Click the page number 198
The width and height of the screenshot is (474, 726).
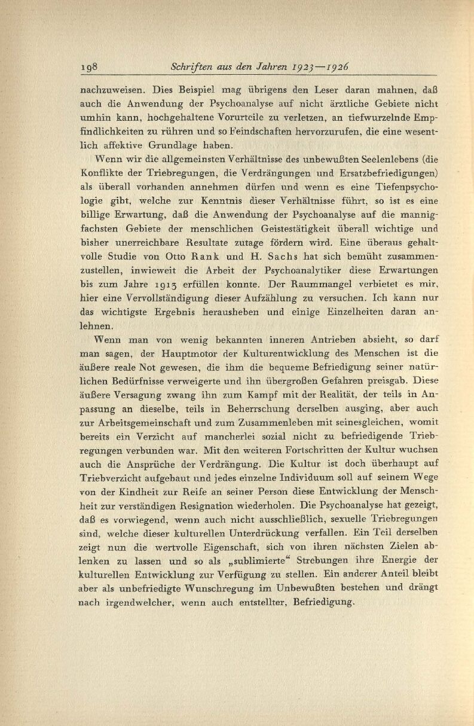92,66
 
